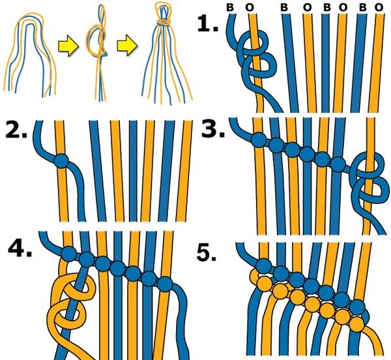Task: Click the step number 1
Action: [207, 23]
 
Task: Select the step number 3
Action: [212, 129]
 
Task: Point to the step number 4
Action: [20, 248]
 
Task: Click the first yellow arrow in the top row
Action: [68, 46]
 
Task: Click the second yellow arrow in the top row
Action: [127, 45]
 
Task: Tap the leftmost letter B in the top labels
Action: [230, 7]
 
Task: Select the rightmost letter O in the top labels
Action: [379, 7]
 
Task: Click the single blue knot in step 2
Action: [61, 161]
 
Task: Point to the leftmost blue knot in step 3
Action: [259, 140]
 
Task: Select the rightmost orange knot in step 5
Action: [357, 324]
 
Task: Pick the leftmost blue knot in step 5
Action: [264, 266]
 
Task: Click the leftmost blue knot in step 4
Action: [69, 254]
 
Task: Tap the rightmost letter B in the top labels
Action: [363, 7]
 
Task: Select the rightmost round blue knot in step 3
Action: [338, 164]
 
